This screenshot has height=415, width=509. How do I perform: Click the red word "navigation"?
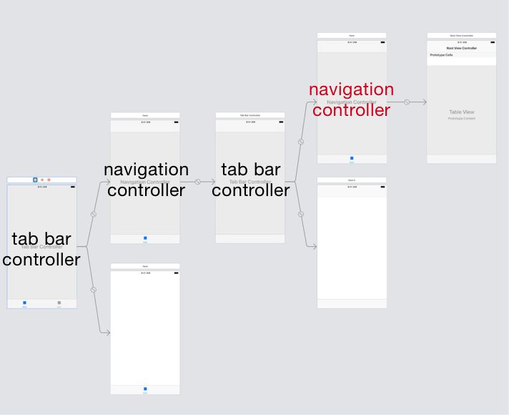pyautogui.click(x=351, y=90)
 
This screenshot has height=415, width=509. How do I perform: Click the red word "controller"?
pyautogui.click(x=351, y=110)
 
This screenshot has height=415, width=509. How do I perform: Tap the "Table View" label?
pyautogui.click(x=461, y=112)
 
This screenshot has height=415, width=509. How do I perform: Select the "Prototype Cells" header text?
pyautogui.click(x=441, y=55)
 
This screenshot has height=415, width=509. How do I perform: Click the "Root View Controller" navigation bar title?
pyautogui.click(x=461, y=48)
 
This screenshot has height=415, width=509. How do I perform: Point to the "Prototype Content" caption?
pyautogui.click(x=461, y=119)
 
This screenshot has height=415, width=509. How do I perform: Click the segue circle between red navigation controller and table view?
pyautogui.click(x=407, y=102)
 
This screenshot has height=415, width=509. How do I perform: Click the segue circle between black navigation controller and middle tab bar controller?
pyautogui.click(x=197, y=182)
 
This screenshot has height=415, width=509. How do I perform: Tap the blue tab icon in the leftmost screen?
pyautogui.click(x=25, y=303)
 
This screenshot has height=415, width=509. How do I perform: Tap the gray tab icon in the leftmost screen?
pyautogui.click(x=59, y=303)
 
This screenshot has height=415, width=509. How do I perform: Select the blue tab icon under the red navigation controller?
pyautogui.click(x=351, y=159)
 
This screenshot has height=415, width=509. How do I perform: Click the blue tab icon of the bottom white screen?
pyautogui.click(x=145, y=389)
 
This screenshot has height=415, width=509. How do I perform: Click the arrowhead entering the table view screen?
pyautogui.click(x=424, y=102)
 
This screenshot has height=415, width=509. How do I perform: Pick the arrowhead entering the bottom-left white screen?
pyautogui.click(x=107, y=333)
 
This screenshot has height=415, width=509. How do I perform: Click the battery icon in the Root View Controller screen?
pyautogui.click(x=492, y=42)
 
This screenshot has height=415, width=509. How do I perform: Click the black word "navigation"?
pyautogui.click(x=146, y=170)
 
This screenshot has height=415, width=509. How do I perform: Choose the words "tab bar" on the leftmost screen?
pyautogui.click(x=41, y=239)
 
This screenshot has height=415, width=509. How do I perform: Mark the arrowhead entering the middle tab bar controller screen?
pyautogui.click(x=212, y=182)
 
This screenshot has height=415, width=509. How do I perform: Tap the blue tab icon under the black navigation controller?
pyautogui.click(x=145, y=238)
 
